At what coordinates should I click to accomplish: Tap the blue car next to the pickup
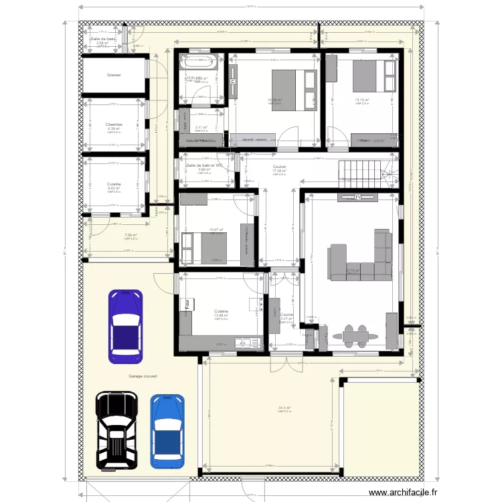pyautogui.click(x=166, y=430)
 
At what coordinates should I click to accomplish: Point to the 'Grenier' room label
pyautogui.click(x=114, y=75)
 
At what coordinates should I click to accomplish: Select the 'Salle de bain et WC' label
pyautogui.click(x=205, y=165)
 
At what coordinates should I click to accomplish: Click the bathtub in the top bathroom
pyautogui.click(x=200, y=65)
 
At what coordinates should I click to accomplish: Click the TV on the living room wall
pyautogui.click(x=358, y=197)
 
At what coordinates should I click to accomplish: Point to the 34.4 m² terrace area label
pyautogui.click(x=284, y=408)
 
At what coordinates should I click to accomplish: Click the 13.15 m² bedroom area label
pyautogui.click(x=362, y=100)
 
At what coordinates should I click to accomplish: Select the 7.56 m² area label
pyautogui.click(x=131, y=235)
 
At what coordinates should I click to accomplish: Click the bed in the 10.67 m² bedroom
pyautogui.click(x=205, y=247)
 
